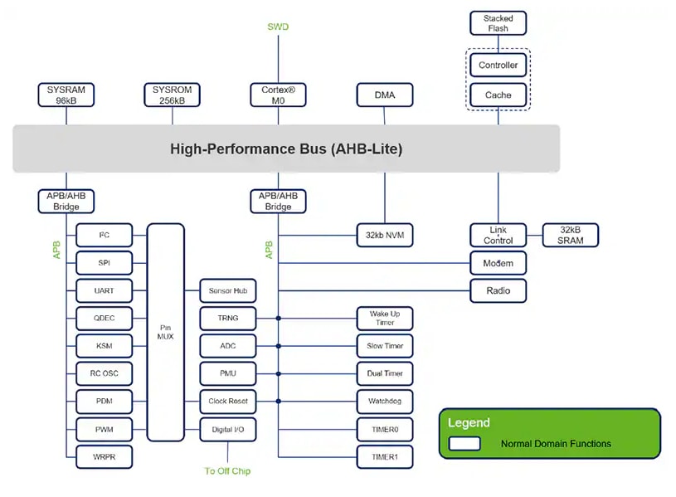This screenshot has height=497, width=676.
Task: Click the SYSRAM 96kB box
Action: pos(66,95)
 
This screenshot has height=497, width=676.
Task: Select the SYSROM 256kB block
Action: pos(172,95)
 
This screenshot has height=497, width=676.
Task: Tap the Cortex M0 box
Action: pos(278,95)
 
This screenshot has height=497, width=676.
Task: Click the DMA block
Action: pos(385,95)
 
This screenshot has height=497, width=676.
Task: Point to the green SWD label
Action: pos(278,27)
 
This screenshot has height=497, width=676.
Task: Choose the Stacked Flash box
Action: pos(498,23)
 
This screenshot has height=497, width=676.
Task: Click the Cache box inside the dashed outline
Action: pos(498,95)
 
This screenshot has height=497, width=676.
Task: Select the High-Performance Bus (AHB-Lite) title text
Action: pos(286,149)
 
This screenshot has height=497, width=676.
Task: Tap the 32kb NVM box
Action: pos(385,236)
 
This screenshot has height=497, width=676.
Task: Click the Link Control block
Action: pos(498,236)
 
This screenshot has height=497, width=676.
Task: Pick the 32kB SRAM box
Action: pos(570,236)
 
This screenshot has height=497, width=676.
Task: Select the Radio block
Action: pos(498,290)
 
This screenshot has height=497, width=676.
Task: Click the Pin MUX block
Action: pos(165,332)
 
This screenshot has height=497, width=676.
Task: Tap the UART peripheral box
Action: pos(104,291)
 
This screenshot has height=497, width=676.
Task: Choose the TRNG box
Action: pos(227,319)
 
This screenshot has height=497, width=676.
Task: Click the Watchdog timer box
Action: pos(385,402)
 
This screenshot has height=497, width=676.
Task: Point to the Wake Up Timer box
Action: pos(385,319)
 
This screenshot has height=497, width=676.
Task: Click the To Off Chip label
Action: pos(227,471)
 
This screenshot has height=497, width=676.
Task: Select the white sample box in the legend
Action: pos(464,444)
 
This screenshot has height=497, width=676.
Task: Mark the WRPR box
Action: pos(104,457)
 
